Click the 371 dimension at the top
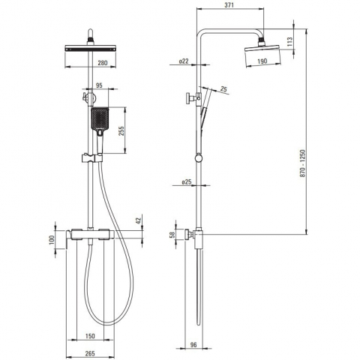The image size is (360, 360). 229,4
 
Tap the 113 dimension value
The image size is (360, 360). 289,42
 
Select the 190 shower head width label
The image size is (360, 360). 262,61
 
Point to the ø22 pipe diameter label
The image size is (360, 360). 184,61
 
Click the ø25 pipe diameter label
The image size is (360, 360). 187,182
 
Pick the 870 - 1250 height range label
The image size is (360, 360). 303,163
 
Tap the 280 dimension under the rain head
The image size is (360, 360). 103,62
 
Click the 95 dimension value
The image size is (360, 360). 99,85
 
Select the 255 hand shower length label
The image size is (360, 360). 121,130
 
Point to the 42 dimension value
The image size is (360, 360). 139,220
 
